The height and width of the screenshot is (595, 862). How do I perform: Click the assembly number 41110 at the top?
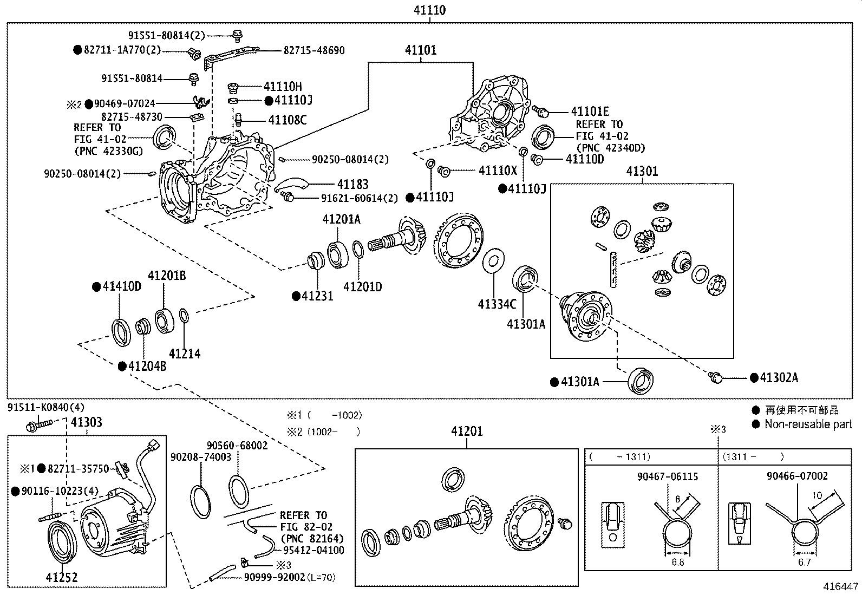429,10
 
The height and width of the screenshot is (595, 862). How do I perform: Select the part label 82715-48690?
314,50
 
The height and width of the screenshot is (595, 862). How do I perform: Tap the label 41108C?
288,120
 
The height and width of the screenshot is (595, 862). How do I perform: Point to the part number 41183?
353,185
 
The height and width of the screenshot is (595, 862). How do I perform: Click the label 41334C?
497,304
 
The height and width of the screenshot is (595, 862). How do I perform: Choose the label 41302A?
779,378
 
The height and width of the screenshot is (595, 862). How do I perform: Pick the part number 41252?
62,577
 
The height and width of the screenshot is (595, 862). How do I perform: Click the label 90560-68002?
237,446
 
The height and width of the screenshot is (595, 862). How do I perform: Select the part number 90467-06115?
668,477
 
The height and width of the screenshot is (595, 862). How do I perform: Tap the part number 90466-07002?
798,476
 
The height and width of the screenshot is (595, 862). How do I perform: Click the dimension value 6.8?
678,563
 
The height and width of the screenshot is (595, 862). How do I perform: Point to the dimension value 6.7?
804,563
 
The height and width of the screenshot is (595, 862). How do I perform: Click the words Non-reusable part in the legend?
808,424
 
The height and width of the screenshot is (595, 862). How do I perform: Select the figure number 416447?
841,586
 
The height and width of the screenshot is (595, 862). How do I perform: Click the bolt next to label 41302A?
715,377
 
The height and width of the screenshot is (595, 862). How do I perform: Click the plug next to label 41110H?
233,88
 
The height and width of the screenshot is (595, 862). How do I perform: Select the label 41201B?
167,276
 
